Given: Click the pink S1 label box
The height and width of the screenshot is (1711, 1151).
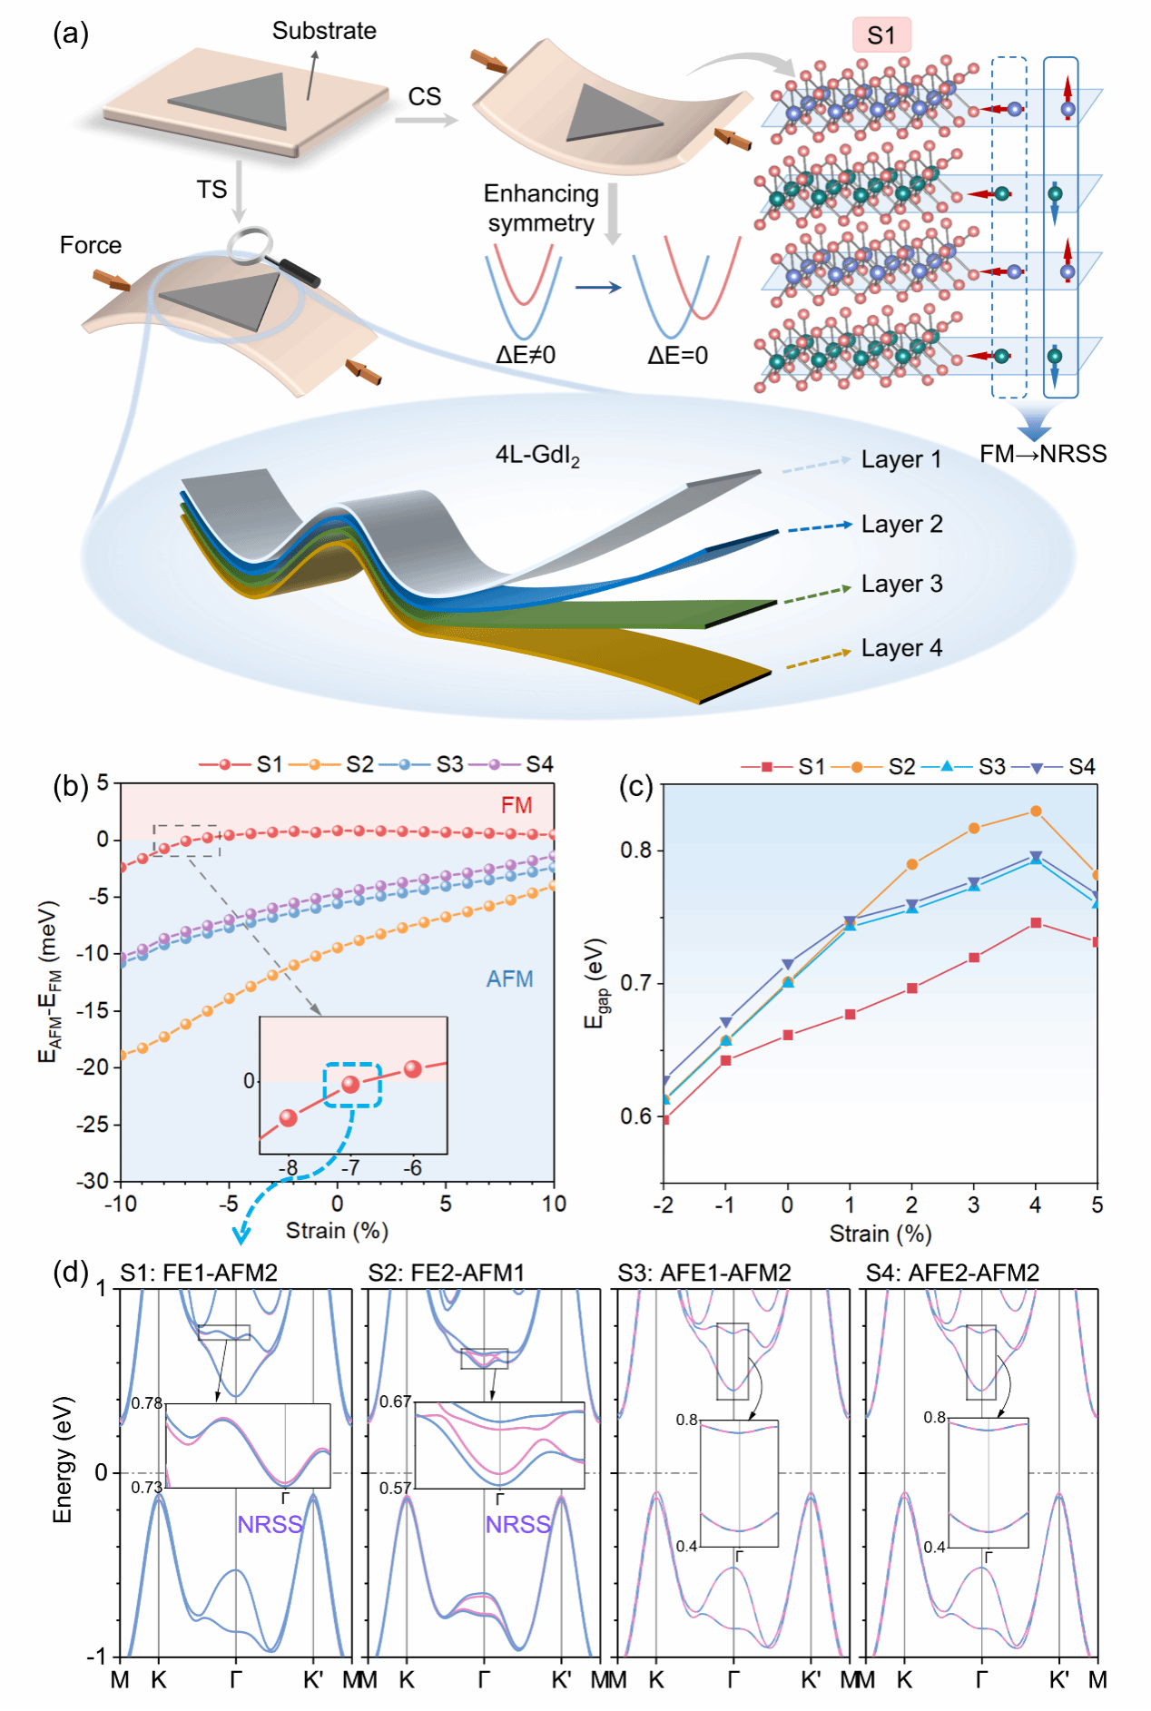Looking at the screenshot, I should [880, 35].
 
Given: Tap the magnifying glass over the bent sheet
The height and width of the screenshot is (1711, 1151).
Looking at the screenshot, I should [251, 243].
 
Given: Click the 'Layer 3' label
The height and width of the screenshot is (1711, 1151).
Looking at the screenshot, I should [901, 584].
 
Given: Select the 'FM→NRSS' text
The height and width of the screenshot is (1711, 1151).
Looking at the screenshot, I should [1043, 454].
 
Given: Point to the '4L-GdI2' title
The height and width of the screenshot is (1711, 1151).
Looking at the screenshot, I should [537, 456].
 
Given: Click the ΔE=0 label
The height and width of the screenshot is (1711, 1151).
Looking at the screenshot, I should [677, 355].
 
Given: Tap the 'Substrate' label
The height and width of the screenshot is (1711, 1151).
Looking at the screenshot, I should [324, 31].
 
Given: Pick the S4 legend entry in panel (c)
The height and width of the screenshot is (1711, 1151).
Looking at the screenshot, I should [1064, 767].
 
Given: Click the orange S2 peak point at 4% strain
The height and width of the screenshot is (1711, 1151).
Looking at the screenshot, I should [1036, 811].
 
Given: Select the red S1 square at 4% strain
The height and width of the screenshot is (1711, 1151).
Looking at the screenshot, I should [1036, 923].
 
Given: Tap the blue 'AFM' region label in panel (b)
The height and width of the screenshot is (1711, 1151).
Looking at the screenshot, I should [509, 978].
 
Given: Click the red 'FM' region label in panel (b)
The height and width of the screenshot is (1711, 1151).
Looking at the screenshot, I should [516, 805].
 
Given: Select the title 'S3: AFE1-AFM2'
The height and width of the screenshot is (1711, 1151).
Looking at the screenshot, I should [704, 1273].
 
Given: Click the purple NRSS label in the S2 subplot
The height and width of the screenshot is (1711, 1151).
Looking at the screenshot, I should [518, 1524].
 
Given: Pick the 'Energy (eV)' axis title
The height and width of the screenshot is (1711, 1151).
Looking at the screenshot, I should [62, 1460].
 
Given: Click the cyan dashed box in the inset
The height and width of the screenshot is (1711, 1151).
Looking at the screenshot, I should [352, 1085].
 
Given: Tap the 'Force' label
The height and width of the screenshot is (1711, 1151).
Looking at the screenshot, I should [91, 245].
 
